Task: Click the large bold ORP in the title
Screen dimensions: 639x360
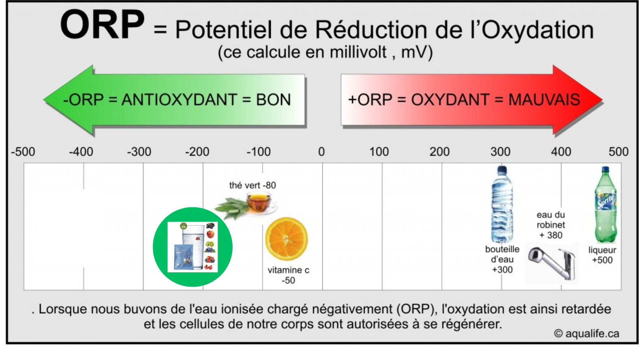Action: coord(102,25)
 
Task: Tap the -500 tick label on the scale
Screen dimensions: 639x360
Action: coord(23,152)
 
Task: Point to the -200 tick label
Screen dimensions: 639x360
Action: coord(197,152)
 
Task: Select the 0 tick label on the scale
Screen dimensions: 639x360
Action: coord(321,152)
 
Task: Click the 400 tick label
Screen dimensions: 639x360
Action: coord(561,152)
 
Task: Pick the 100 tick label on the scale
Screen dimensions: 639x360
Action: coord(379,152)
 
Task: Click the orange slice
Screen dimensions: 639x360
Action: coord(287,239)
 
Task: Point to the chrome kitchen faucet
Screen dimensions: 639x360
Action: coord(552,263)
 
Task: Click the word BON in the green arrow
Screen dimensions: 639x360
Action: coord(273,100)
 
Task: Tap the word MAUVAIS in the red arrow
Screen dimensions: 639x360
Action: coord(544,100)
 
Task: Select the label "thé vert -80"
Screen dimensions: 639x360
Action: coord(252,185)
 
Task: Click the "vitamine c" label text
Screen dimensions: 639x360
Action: coord(288,270)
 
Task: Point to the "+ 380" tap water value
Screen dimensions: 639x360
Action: coord(551,235)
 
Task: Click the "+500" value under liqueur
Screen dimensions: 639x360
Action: coord(602,260)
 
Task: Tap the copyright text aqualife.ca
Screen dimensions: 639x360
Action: coord(587,334)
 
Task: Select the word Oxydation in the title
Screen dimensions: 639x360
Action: coord(538,30)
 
